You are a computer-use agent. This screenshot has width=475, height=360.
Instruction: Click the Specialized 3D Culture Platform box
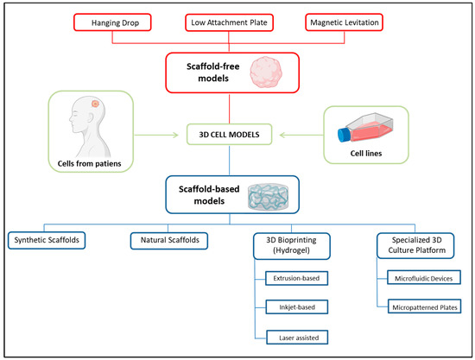click(417, 244)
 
